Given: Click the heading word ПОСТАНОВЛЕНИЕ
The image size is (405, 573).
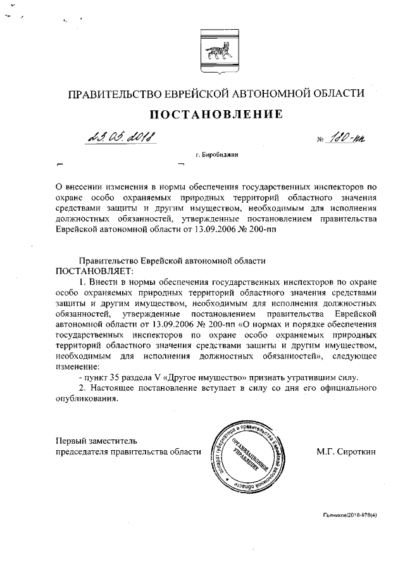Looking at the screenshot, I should tap(215, 115).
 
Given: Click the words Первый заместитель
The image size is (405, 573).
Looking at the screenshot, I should tap(96, 440).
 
